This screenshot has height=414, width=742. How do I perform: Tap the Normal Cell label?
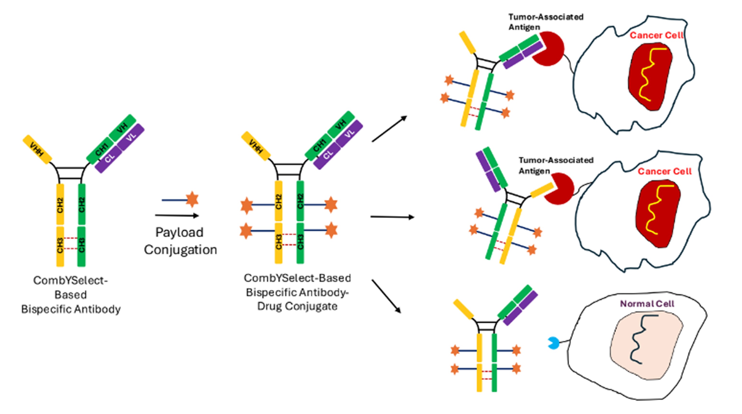(x=647, y=304)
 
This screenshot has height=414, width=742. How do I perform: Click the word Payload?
(x=180, y=232)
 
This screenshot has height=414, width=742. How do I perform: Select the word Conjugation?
(x=181, y=250)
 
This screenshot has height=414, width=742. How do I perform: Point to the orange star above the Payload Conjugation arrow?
(x=192, y=199)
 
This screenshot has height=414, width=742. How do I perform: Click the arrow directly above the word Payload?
(x=177, y=215)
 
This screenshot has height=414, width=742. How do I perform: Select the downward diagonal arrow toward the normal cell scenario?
(x=386, y=296)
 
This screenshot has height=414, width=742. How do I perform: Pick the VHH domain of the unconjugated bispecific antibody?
(x=37, y=149)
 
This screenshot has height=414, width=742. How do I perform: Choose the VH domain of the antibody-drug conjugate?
(x=341, y=124)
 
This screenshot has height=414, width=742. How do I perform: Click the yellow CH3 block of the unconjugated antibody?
(x=60, y=246)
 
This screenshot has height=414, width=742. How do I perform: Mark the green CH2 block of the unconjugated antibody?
(x=82, y=204)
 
